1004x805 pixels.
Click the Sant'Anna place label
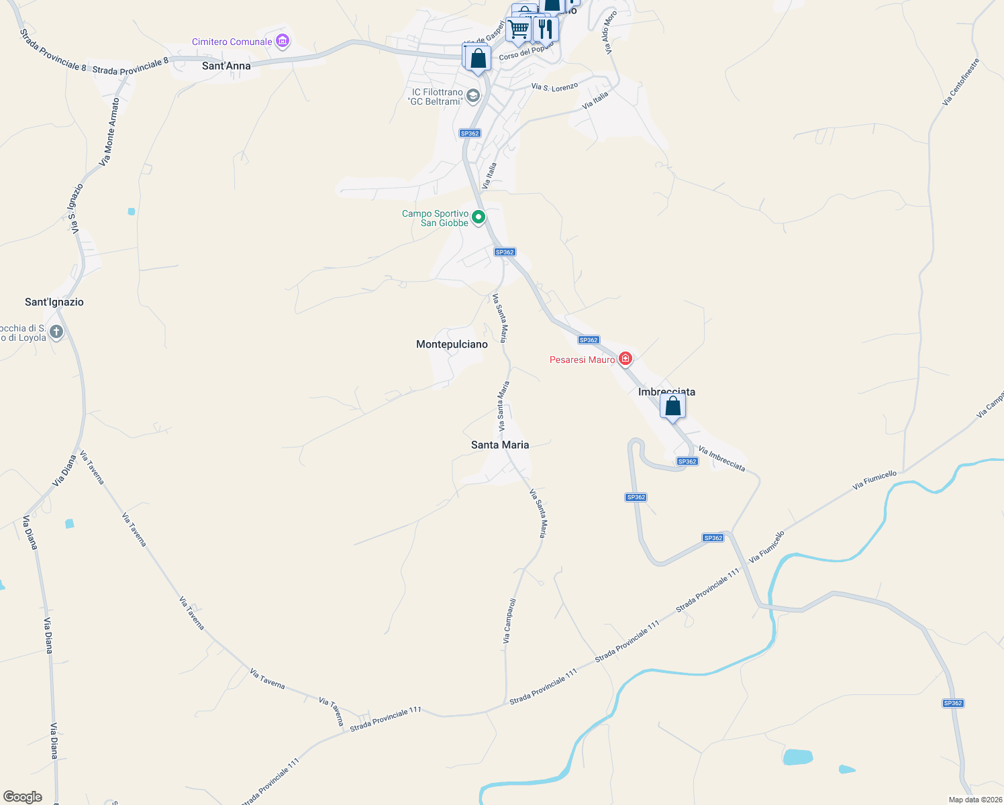click(x=226, y=66)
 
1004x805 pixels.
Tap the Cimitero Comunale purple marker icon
click(x=283, y=42)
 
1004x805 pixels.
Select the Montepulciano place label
click(x=452, y=344)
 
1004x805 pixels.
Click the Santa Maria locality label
click(x=500, y=445)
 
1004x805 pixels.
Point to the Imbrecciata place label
click(x=666, y=392)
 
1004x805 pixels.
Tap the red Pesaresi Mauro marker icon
click(x=625, y=359)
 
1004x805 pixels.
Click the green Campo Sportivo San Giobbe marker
click(x=479, y=217)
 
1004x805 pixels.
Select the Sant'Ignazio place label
click(x=54, y=302)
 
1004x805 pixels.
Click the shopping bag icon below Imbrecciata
click(x=672, y=407)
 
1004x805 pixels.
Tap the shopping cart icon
click(x=518, y=30)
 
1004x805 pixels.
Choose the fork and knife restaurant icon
click(x=546, y=29)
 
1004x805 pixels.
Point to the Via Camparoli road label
click(x=509, y=621)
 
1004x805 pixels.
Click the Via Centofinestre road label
click(x=961, y=82)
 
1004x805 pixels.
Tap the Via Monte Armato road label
click(x=109, y=132)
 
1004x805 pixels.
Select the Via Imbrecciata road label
click(x=721, y=459)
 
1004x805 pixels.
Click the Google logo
click(x=23, y=797)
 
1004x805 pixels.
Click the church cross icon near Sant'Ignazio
click(x=56, y=331)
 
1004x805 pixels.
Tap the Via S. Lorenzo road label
click(x=554, y=87)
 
